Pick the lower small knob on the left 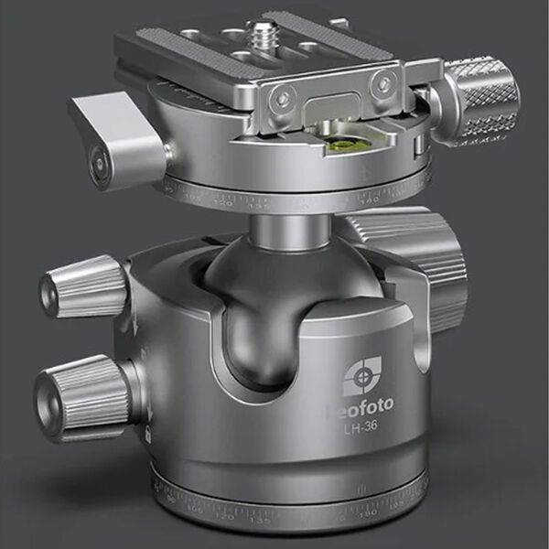81,394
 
